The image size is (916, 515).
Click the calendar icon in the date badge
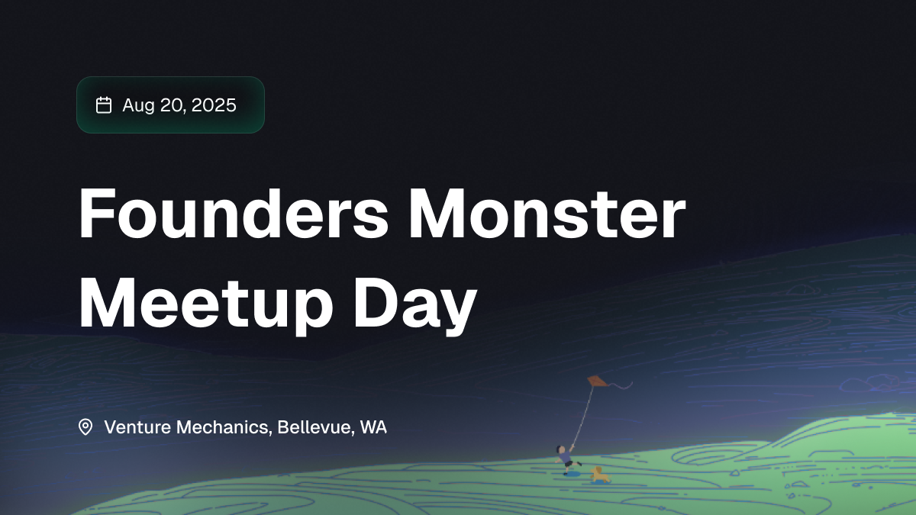[x=104, y=105]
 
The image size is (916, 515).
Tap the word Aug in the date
[x=138, y=106]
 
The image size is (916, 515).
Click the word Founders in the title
[x=234, y=214]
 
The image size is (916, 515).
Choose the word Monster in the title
[x=547, y=214]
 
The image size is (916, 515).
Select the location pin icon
[x=85, y=427]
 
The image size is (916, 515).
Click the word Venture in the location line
[x=137, y=427]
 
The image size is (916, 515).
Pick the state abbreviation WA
[x=373, y=427]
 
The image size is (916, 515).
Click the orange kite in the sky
[x=598, y=381]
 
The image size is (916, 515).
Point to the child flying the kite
[x=566, y=459]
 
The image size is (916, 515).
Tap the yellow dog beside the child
[x=599, y=474]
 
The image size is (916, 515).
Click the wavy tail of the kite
[x=621, y=385]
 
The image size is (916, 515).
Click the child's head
[x=561, y=449]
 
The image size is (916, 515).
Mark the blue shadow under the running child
[x=571, y=474]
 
